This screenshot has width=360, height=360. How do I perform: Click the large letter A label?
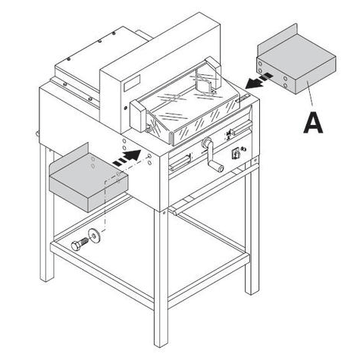[313, 123]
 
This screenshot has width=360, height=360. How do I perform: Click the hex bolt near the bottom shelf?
[80, 244]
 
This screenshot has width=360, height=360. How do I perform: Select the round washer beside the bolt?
[94, 236]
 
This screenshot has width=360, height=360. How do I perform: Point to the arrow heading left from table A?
[259, 80]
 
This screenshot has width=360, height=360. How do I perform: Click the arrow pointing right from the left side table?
[127, 158]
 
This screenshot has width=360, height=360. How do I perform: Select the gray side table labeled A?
[296, 59]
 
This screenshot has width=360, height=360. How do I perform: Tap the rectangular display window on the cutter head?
[132, 83]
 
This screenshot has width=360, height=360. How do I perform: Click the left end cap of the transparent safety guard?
[138, 115]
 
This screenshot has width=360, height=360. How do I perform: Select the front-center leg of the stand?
[161, 278]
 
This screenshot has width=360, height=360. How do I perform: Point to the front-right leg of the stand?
[252, 227]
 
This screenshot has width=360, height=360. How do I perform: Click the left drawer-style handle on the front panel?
[180, 162]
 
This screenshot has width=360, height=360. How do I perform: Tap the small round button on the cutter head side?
[126, 108]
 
